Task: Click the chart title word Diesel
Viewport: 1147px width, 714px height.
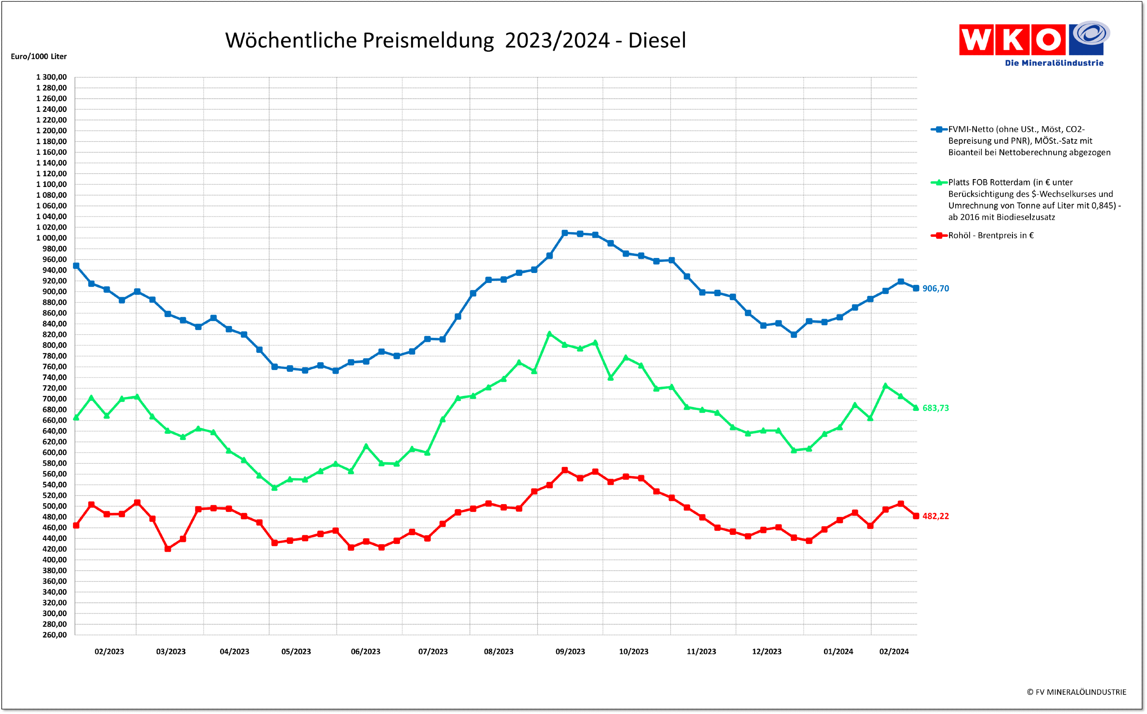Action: click(657, 40)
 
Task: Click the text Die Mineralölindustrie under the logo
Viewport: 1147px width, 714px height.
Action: click(1054, 63)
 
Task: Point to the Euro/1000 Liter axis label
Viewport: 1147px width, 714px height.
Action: click(39, 56)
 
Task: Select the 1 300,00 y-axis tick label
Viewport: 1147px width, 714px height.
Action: click(52, 77)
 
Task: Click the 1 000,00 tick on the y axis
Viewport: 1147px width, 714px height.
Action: click(52, 238)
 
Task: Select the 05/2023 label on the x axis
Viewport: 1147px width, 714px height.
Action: click(296, 652)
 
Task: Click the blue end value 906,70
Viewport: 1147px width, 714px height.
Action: click(936, 288)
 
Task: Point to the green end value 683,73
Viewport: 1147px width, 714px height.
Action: click(936, 408)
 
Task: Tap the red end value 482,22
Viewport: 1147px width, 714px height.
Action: click(936, 516)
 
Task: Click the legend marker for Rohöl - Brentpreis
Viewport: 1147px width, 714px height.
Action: click(939, 235)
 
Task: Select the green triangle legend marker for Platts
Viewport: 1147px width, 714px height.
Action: click(939, 182)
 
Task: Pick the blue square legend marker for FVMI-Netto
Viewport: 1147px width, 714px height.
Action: click(939, 129)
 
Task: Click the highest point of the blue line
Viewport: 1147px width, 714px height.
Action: click(565, 233)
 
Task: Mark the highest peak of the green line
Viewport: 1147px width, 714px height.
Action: click(549, 334)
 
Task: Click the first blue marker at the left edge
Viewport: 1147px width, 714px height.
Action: click(76, 266)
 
